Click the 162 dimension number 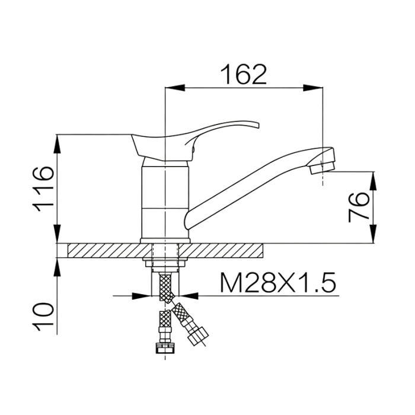click(x=244, y=74)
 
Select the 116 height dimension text click(x=43, y=189)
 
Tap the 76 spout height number click(x=359, y=207)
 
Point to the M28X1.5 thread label click(x=278, y=282)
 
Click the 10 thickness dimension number click(x=43, y=317)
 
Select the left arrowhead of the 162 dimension click(x=175, y=88)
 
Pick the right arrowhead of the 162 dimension click(x=314, y=88)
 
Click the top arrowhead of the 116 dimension click(x=57, y=144)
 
